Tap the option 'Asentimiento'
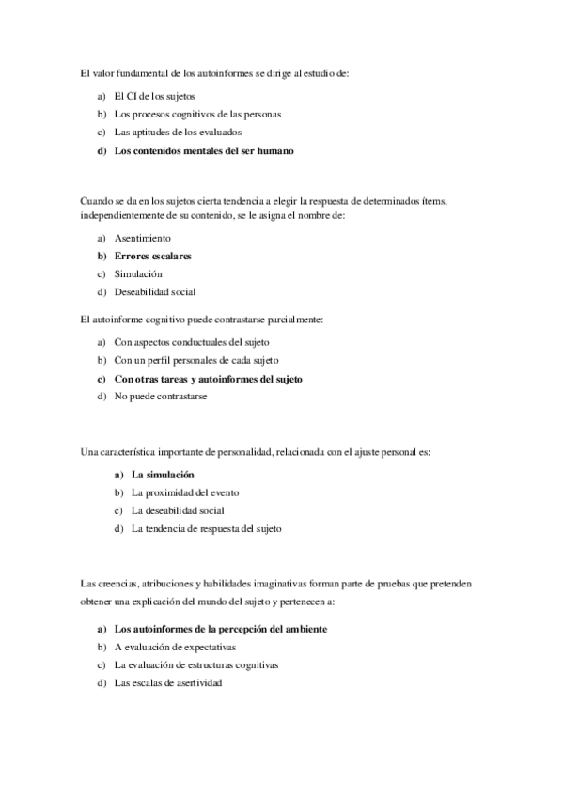pos(143,238)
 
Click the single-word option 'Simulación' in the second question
pos(138,273)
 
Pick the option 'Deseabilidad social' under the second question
pos(155,291)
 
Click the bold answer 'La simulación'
pos(163,476)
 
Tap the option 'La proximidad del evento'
pos(184,492)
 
